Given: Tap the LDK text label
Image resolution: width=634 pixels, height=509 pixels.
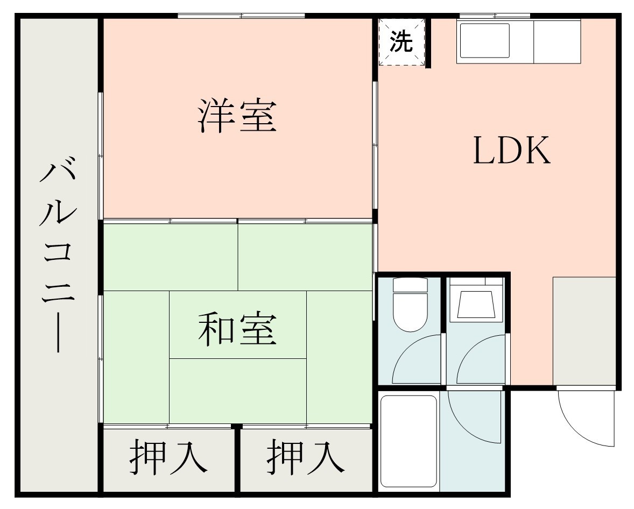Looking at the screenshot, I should coord(512,151).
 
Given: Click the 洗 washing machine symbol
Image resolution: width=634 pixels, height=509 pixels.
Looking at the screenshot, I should coord(401,42).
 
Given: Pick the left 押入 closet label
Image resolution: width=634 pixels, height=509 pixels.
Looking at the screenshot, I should coord(168,458).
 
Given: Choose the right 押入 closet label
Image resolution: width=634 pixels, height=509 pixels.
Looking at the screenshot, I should coord(306,458).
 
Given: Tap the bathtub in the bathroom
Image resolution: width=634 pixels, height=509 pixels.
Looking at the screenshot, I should coord(408,441).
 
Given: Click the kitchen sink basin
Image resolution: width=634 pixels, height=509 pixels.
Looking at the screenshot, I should coord(484,40).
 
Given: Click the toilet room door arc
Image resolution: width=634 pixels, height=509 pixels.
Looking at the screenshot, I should coord(417,359).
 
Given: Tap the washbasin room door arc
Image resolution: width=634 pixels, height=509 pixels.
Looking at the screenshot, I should coord(481,359).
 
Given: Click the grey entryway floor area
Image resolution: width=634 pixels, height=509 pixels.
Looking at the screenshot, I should coord(584,331).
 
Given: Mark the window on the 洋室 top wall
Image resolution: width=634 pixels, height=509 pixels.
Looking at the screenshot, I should coord(241,16).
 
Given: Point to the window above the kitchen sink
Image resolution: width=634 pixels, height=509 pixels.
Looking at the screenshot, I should coord(494,16).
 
